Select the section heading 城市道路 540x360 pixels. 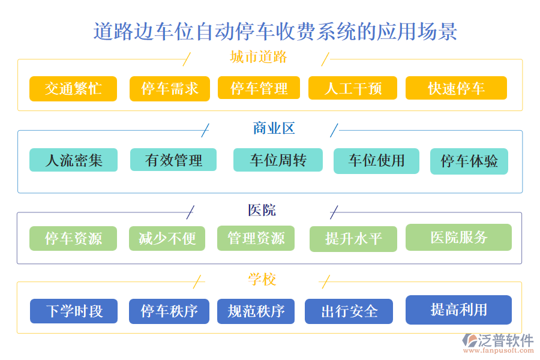point(259,57)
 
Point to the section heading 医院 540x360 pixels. point(262,210)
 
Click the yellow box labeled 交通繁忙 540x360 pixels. point(73,89)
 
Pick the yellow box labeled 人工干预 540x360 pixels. point(353,88)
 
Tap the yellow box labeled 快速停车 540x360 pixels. point(456,88)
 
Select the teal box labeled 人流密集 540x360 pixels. point(74,160)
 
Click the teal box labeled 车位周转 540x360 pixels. point(278,160)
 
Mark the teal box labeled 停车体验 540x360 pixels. point(469,161)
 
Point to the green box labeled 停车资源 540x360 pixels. point(74,238)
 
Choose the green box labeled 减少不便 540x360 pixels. point(167,238)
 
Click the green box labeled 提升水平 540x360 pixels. point(353,239)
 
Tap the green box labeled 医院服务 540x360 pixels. point(458,237)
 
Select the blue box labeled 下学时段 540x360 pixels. point(74,311)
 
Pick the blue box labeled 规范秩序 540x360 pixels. point(256,311)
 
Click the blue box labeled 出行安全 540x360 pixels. point(349,311)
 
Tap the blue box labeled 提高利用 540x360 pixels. point(458,310)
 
